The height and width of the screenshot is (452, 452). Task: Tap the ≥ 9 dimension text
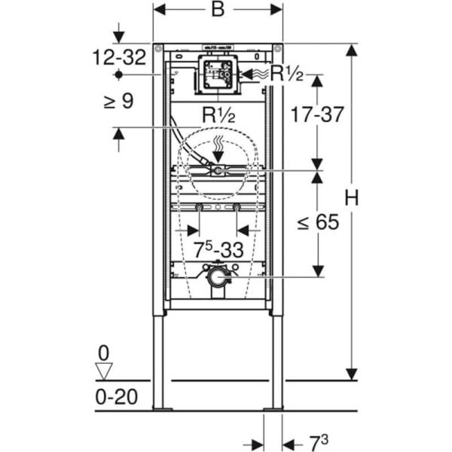[118, 100]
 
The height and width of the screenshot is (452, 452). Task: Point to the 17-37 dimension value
[317, 115]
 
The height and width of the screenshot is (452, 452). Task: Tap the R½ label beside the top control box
[286, 74]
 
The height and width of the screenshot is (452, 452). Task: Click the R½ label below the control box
[218, 115]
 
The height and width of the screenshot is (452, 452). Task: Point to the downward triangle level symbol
[104, 370]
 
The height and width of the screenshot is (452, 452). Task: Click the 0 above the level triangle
[104, 353]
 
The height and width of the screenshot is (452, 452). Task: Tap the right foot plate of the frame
[273, 409]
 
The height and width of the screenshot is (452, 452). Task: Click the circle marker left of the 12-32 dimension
[118, 75]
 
